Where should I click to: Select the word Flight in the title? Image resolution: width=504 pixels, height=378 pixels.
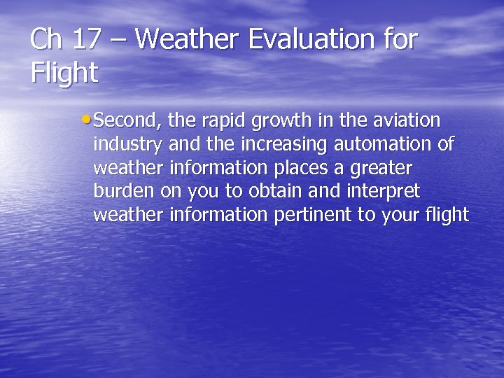click(x=64, y=73)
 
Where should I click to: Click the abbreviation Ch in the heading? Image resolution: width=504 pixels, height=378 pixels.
click(x=46, y=40)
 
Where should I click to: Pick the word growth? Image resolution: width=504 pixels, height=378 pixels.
click(x=282, y=121)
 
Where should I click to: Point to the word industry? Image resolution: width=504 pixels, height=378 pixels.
click(x=128, y=145)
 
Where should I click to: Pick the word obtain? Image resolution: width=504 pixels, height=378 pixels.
click(x=273, y=192)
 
